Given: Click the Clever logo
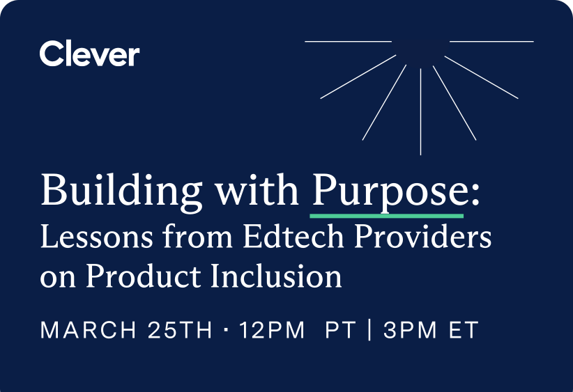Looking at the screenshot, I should [89, 54].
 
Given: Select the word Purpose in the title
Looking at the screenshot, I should [387, 190].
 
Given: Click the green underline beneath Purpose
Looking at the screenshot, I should [387, 215].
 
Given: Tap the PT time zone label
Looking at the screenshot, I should [339, 330].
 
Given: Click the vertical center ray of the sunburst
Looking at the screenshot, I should [420, 111].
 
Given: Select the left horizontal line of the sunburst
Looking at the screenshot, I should [348, 42].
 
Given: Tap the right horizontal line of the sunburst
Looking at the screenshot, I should [491, 42].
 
